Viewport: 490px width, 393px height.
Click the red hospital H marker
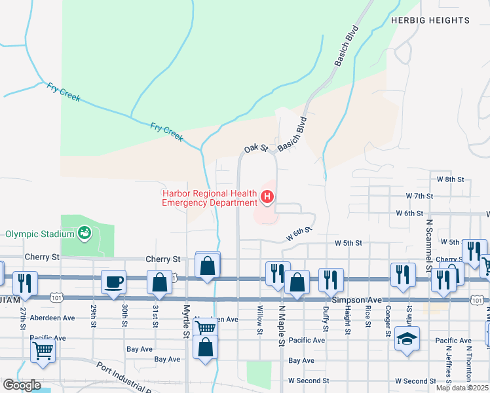(x=267, y=196)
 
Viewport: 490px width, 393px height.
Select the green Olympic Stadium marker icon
(x=84, y=233)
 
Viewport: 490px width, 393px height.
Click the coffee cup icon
(x=114, y=282)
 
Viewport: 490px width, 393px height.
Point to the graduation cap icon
(x=407, y=340)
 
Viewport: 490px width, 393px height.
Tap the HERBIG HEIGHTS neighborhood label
(x=430, y=20)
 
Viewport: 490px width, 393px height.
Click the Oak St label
(x=256, y=149)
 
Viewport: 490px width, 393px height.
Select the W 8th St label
(x=450, y=179)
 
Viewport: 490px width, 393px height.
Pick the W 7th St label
(x=420, y=196)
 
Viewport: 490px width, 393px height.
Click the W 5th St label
(x=349, y=243)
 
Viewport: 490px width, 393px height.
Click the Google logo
(x=22, y=385)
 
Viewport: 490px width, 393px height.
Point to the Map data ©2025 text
(x=461, y=388)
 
